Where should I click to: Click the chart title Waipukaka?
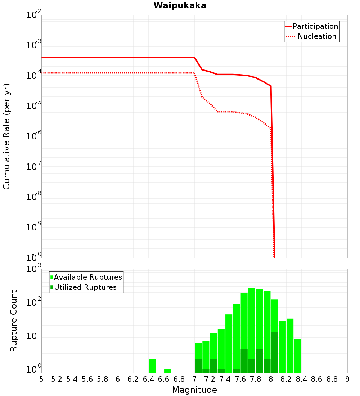(x=180, y=5)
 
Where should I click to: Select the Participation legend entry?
(x=315, y=26)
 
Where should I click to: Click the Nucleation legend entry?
(x=316, y=36)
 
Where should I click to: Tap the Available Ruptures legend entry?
(x=88, y=277)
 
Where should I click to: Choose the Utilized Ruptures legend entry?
(x=85, y=287)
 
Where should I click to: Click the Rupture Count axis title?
(x=14, y=321)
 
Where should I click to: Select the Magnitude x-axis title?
(x=194, y=390)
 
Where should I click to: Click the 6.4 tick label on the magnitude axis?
(x=148, y=379)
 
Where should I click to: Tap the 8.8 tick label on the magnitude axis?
(x=332, y=379)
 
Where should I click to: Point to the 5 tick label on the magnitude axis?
(x=41, y=379)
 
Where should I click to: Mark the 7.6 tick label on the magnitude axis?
(x=240, y=379)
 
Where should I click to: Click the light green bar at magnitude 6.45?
(x=152, y=366)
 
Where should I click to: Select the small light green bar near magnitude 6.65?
(x=167, y=371)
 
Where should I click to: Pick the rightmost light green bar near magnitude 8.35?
(x=297, y=356)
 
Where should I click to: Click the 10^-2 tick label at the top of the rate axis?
(x=34, y=15)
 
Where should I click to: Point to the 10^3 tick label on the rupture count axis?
(x=34, y=269)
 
